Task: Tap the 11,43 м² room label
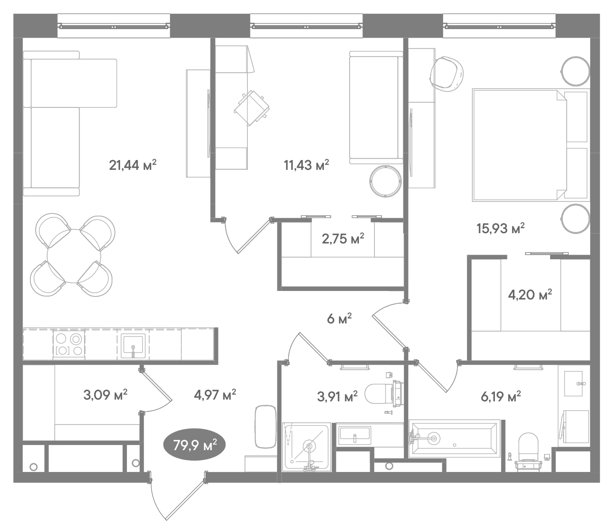point(306,165)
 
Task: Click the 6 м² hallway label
point(339,319)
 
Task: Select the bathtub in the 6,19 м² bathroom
point(454,438)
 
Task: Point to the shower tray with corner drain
point(307,447)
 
